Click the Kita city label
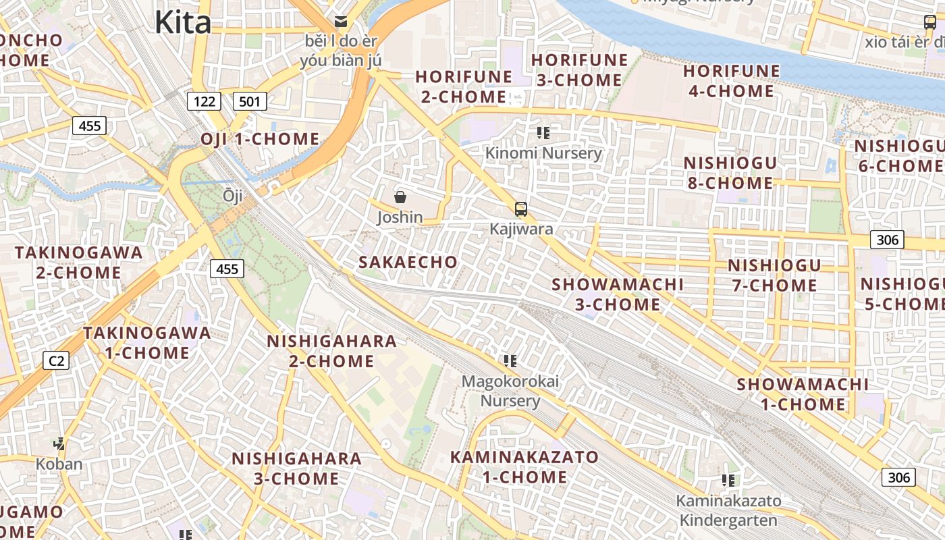point(182,22)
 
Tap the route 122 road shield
point(204,102)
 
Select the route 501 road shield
point(250,102)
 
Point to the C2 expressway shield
point(57,360)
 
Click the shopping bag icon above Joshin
point(400,197)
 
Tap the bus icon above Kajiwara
point(520,209)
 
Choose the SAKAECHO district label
point(408,262)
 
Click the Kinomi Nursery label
point(543,153)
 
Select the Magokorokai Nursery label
point(510,391)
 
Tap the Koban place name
point(59,464)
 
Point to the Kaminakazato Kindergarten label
point(728,510)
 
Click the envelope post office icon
point(340,21)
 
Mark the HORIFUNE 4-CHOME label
point(731,81)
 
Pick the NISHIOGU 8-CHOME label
point(730,173)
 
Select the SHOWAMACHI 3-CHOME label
point(617,294)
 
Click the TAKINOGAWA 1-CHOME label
point(146,343)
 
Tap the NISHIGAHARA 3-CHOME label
point(296,468)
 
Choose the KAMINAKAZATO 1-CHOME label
point(524,466)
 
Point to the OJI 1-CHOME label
point(259,139)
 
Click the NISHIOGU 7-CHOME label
point(774,275)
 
